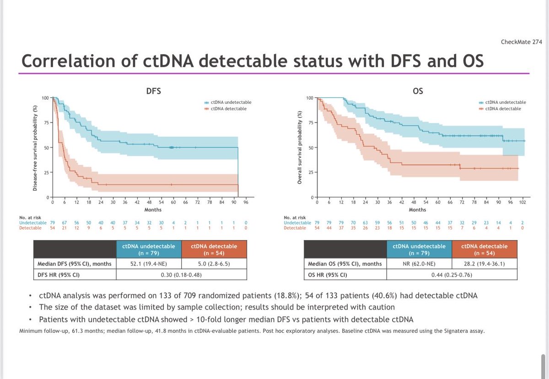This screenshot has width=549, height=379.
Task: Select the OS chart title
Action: [418, 91]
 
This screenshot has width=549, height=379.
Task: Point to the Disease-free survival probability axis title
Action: [35, 147]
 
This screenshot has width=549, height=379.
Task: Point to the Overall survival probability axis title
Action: [300, 147]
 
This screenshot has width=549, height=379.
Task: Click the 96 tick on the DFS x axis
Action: [246, 203]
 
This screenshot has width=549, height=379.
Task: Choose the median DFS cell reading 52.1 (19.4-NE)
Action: [149, 264]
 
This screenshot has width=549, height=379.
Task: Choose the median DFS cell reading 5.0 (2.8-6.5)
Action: [214, 264]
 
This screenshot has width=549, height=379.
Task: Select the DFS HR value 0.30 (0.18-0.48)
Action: [182, 275]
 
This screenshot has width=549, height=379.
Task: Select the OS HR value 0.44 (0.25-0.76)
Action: [452, 275]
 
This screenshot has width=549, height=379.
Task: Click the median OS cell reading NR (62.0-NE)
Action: [419, 264]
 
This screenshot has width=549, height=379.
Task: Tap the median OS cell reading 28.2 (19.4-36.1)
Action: [484, 264]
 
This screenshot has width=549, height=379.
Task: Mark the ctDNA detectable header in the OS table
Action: [484, 250]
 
